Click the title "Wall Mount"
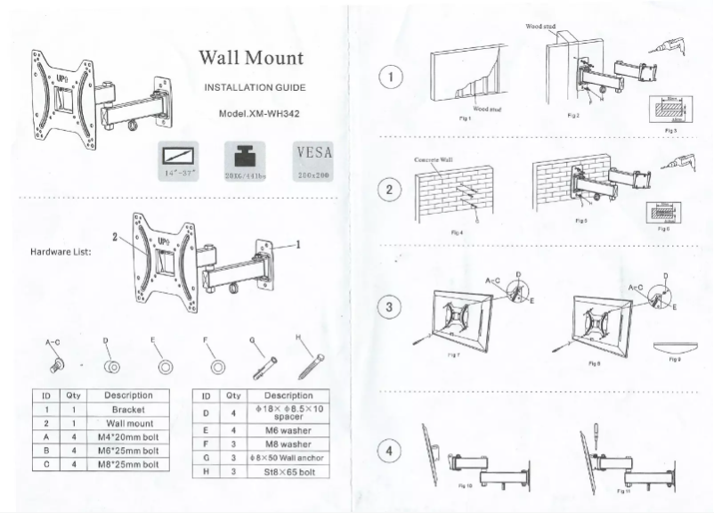250,59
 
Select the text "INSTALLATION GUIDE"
255,88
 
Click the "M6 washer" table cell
288,429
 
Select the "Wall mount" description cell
129,424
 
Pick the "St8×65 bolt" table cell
288,471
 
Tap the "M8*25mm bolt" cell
129,464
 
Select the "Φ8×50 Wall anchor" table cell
288,458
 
